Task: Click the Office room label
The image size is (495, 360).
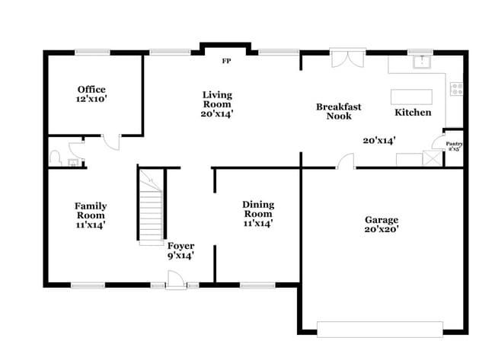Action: coord(90,94)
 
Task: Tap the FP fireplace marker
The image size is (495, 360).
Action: coord(226,61)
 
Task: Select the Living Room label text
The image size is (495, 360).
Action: coord(217,104)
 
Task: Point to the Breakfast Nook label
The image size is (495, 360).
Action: coord(338,111)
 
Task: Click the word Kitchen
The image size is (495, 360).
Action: coord(413,113)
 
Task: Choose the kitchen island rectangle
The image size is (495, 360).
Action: coord(411,97)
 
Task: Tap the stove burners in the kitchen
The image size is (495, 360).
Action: coord(456,88)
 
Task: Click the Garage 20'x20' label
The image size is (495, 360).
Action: coord(382,224)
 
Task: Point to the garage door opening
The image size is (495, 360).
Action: coord(379,329)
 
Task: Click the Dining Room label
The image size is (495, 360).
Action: coord(258,214)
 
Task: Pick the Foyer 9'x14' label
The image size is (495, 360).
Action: coord(181,250)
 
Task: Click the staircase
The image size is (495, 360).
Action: coord(151,205)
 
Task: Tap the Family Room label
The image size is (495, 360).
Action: coord(90,215)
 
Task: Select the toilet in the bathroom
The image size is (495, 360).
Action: coord(56,157)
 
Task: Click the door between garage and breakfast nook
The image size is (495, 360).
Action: coord(346,161)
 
